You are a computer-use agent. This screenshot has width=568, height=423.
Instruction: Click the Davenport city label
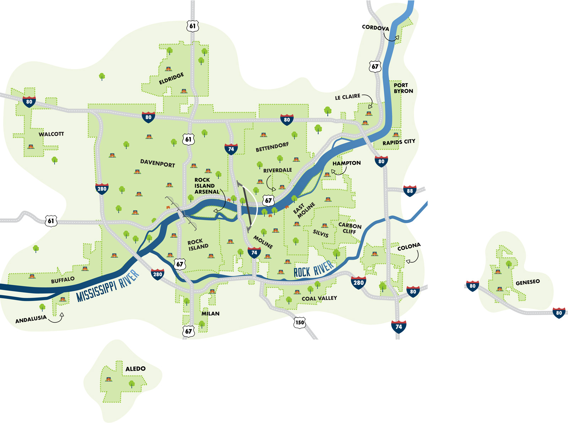coord(158,163)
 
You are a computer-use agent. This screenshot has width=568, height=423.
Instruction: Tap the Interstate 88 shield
coord(410,191)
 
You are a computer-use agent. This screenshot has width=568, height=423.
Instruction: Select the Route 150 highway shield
coord(300,323)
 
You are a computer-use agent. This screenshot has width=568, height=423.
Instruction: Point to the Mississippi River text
coord(107,286)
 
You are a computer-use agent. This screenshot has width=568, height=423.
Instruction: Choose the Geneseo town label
coord(528,282)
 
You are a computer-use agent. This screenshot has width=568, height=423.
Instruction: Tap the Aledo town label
coord(135,369)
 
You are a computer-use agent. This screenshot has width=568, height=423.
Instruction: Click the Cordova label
coord(375,27)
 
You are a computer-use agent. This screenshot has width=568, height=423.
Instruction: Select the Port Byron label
coord(403,88)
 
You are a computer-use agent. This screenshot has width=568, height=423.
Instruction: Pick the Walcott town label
coord(51,134)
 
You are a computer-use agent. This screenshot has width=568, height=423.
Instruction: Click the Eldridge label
coord(171,78)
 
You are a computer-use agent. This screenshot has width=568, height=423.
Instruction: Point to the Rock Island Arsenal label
coord(206,186)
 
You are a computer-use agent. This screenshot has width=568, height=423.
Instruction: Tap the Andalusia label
coord(31,319)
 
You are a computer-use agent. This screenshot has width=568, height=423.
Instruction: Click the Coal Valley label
coord(319,298)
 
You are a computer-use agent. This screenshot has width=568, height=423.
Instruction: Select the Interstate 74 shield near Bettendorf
coord(231,149)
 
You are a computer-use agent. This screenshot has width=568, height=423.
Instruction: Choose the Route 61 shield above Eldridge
coord(192,26)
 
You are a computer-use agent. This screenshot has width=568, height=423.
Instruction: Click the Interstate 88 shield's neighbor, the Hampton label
coord(346,163)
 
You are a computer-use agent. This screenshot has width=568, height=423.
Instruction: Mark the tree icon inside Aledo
coord(132,384)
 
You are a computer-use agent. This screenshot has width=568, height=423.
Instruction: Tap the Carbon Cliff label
coord(350,228)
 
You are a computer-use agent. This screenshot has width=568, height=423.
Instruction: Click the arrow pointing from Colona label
coord(414,258)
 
